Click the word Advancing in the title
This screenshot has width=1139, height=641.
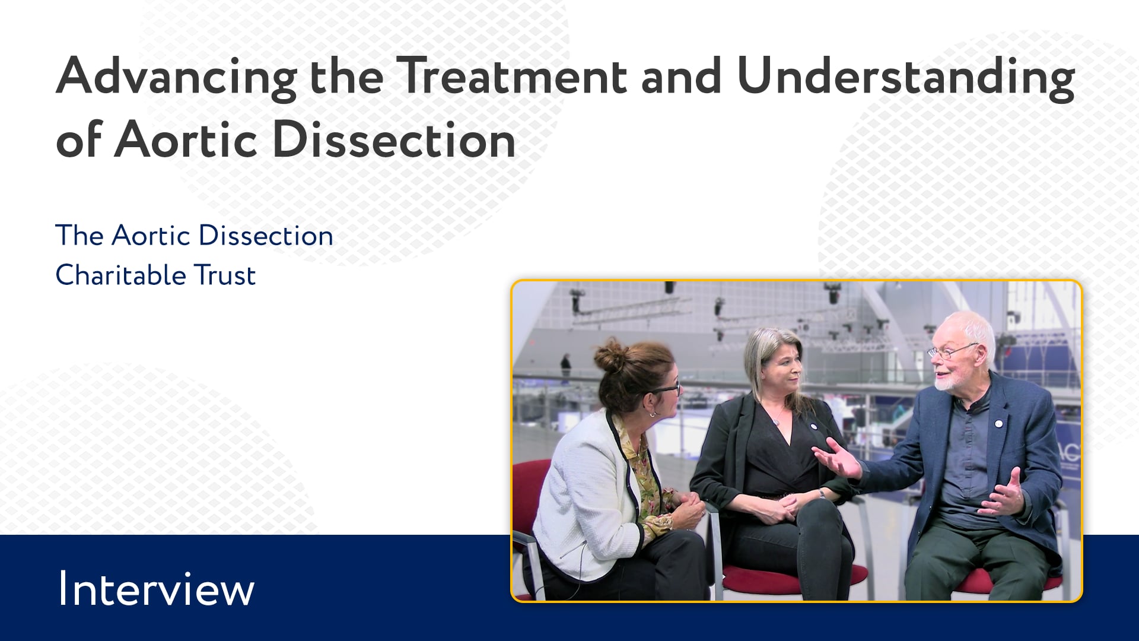pyautogui.click(x=176, y=78)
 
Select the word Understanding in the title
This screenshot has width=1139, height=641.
pyautogui.click(x=905, y=78)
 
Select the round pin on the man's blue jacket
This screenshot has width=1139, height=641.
pyautogui.click(x=999, y=424)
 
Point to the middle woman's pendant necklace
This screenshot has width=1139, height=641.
pyautogui.click(x=777, y=421)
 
